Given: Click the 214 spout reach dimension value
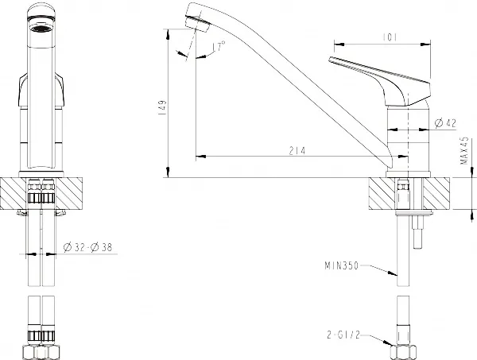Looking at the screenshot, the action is coord(297,151).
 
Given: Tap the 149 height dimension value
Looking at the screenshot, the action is coord(163,107).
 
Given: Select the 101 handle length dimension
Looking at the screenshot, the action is coord(390,37).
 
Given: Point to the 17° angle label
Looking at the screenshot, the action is coord(219,46).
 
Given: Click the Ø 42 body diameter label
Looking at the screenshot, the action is coord(446,123).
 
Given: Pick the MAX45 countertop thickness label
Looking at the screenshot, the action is coord(464,150).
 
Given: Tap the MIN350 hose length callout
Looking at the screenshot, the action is coord(342,265).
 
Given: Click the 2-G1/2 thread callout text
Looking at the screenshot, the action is coord(343,335).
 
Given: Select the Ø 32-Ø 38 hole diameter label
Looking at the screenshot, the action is coord(87,247).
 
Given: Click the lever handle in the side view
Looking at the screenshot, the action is coord(386,80).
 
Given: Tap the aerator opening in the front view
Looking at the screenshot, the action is coord(41,29).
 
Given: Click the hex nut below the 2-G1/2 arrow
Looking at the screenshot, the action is coord(403,352).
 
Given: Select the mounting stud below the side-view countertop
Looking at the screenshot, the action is coord(417,232).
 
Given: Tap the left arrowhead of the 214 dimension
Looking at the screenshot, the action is coord(200,157).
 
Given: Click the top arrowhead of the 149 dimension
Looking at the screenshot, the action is coord(168,34).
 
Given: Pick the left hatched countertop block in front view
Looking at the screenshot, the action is coord(13,193).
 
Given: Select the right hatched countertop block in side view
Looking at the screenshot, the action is coord(436,194).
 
